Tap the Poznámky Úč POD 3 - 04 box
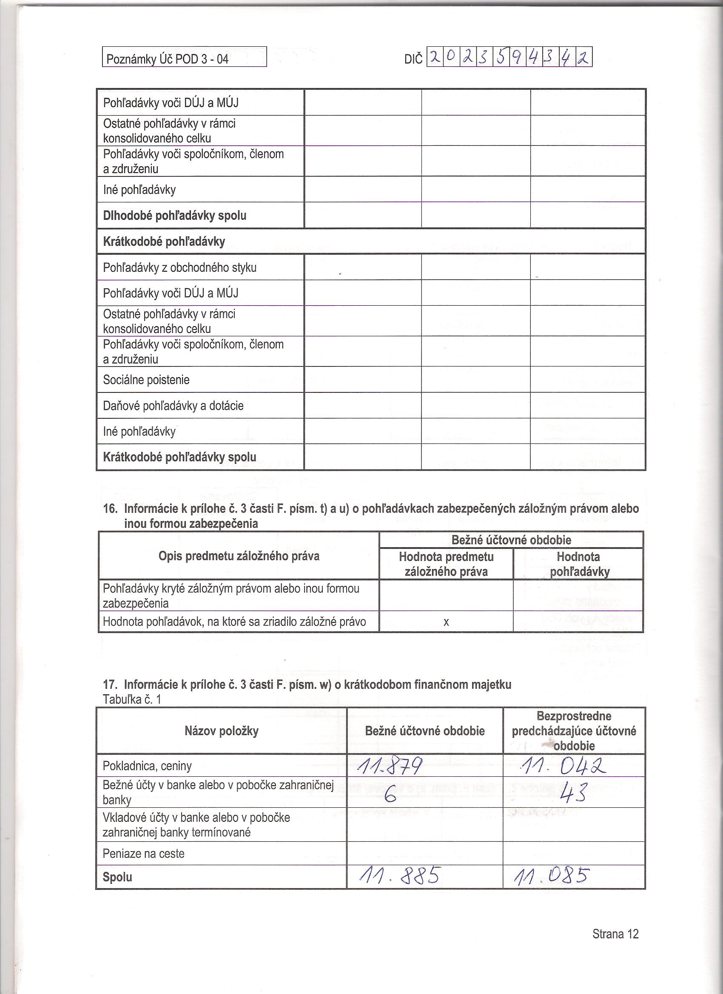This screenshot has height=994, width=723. (184, 58)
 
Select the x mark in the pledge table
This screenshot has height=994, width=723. (446, 622)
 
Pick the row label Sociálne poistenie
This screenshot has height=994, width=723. (146, 380)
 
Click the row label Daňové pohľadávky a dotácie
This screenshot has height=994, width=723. (173, 406)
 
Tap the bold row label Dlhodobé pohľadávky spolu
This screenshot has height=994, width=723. (174, 216)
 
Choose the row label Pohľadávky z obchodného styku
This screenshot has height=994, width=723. (179, 267)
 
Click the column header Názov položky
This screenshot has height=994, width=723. (222, 731)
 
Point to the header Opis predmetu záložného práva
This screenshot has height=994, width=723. (239, 557)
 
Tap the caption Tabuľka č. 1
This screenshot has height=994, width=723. (131, 699)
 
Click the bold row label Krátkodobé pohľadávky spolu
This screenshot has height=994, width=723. (179, 457)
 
